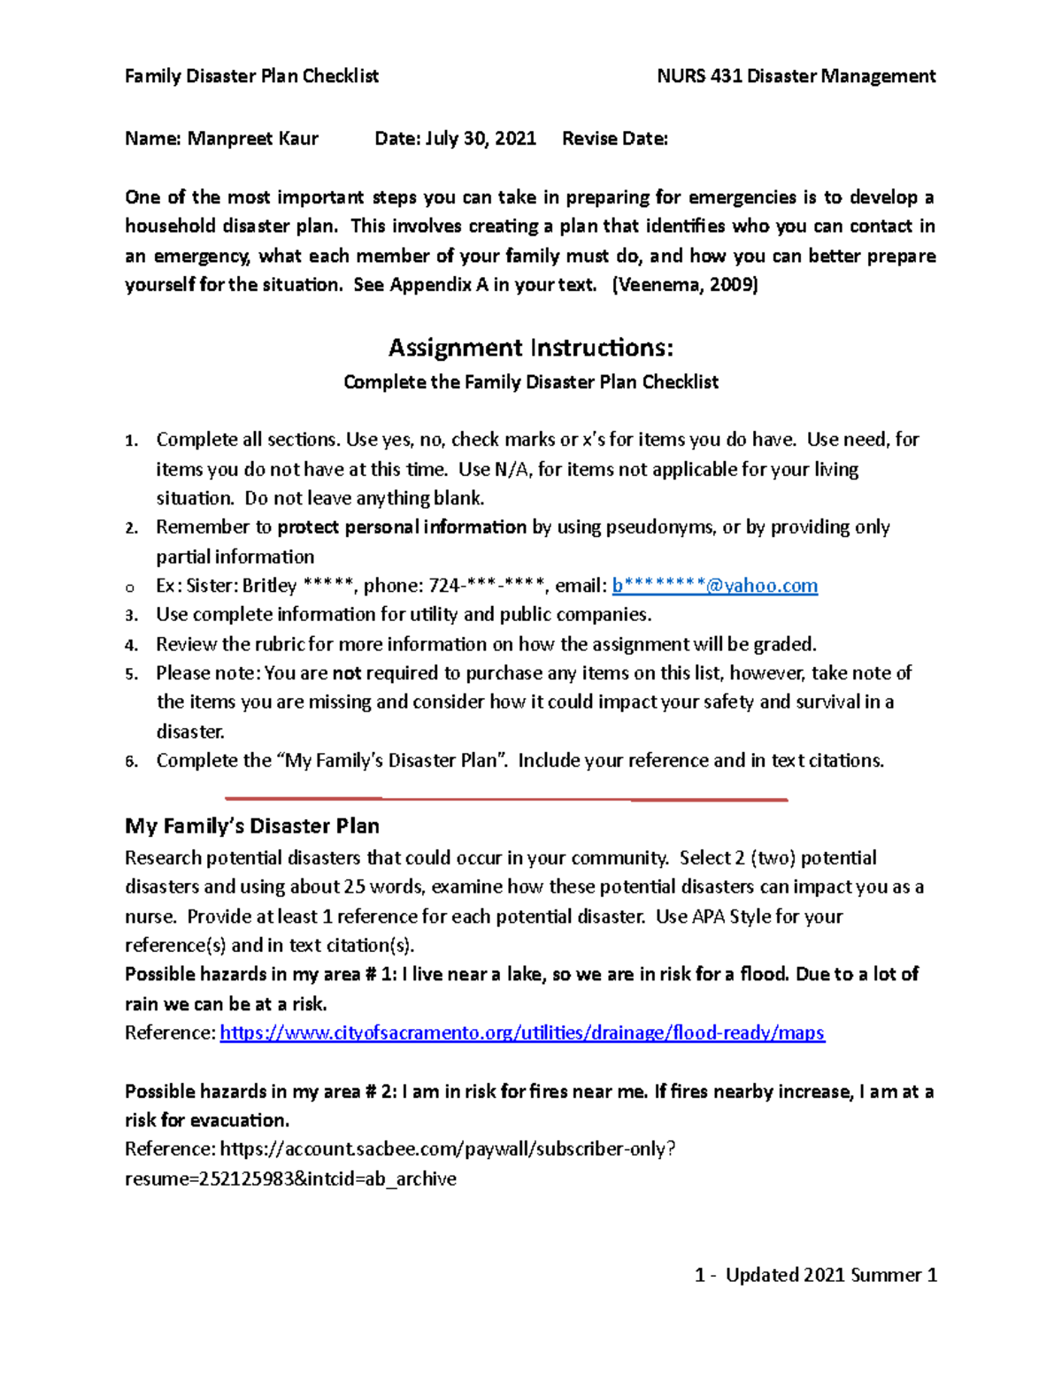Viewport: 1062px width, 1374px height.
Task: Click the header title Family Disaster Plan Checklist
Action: click(x=251, y=76)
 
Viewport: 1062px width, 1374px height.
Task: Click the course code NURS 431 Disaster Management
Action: click(x=796, y=76)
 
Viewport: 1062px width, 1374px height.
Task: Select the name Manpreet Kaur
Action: click(x=252, y=138)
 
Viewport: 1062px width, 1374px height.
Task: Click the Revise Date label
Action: click(x=615, y=138)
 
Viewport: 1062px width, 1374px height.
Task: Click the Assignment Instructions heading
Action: click(x=531, y=348)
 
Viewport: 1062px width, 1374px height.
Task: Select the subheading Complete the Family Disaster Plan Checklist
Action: click(x=531, y=382)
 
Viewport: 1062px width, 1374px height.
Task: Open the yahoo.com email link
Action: click(x=714, y=586)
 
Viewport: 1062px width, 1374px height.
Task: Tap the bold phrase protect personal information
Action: click(x=402, y=527)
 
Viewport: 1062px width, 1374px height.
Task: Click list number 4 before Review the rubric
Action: click(x=131, y=645)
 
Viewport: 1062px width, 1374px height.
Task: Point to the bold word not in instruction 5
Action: click(x=347, y=673)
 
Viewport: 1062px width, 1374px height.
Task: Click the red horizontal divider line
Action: click(x=506, y=799)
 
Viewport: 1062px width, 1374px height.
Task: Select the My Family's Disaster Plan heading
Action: click(x=252, y=826)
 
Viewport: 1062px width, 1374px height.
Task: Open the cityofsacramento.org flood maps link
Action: click(x=522, y=1033)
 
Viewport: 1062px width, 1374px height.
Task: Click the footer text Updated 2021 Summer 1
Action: click(x=830, y=1275)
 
